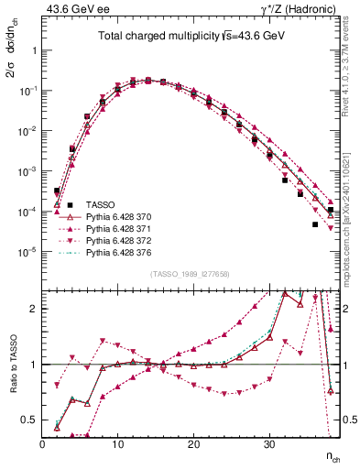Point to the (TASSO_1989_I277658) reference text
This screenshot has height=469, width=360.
[190, 274]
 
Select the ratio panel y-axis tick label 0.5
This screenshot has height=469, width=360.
[29, 420]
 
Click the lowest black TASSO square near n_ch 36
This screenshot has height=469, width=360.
[315, 224]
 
